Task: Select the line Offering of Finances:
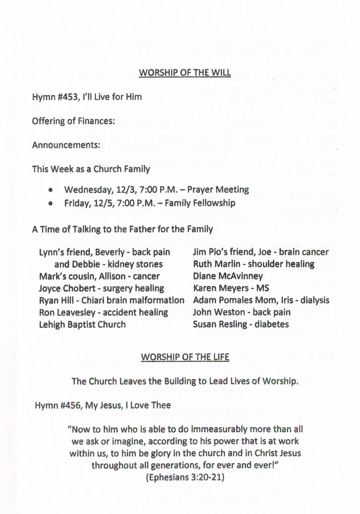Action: click(x=73, y=121)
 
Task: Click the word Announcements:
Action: click(x=66, y=145)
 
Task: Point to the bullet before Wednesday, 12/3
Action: click(x=51, y=190)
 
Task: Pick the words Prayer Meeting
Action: click(x=222, y=190)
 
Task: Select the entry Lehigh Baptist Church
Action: click(x=82, y=324)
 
